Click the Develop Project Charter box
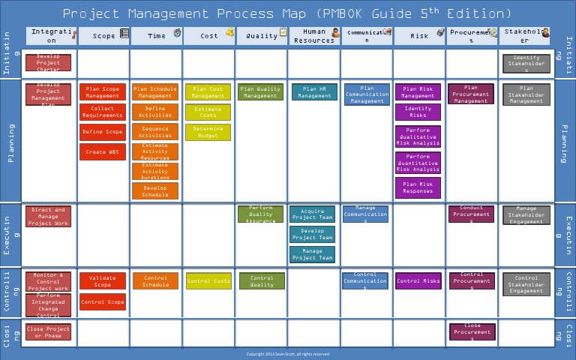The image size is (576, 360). [48, 62]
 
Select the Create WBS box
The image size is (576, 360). [103, 152]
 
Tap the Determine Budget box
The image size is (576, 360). [208, 133]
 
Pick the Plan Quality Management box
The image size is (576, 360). [260, 92]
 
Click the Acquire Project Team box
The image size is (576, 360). [312, 214]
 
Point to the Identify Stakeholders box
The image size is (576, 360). [526, 62]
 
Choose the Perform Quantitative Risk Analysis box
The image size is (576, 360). [418, 163]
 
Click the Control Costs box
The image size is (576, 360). [208, 281]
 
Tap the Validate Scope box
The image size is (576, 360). [103, 281]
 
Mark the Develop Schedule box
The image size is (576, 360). [155, 192]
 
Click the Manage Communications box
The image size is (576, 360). [365, 214]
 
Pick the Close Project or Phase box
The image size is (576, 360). [48, 332]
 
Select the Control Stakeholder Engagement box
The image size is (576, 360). [526, 284]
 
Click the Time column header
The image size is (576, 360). [156, 35]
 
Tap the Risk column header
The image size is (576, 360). [418, 35]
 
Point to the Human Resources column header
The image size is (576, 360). [313, 35]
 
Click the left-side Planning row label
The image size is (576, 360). [11, 142]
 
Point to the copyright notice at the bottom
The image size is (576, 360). [288, 354]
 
